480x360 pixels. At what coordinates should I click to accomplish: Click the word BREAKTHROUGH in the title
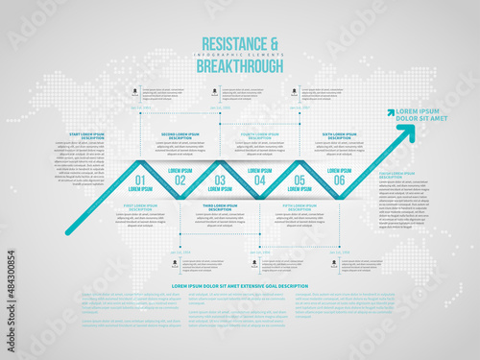(x=240, y=67)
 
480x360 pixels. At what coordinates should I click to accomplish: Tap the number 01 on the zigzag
(x=140, y=180)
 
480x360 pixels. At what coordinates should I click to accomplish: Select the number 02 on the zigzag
(x=180, y=180)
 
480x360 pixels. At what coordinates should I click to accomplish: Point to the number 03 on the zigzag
(x=220, y=180)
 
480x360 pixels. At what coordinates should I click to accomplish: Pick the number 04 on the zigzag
(x=259, y=180)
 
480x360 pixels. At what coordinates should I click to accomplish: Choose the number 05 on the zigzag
(x=300, y=180)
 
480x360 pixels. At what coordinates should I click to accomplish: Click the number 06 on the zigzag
(x=339, y=180)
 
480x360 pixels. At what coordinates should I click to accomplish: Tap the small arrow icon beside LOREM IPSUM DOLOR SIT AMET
(x=392, y=112)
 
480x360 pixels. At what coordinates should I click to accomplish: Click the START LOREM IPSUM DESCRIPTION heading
(x=86, y=135)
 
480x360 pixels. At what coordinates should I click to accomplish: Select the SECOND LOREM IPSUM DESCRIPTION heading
(x=180, y=135)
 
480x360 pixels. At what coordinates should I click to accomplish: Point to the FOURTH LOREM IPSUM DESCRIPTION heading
(x=260, y=135)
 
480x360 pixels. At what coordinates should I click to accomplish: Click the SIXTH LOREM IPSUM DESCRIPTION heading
(x=340, y=135)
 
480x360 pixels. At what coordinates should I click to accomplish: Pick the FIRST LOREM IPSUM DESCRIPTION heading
(x=140, y=206)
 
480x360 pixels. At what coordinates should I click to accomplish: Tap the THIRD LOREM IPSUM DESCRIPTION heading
(x=220, y=206)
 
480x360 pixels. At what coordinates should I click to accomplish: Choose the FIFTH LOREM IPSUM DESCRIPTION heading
(x=300, y=206)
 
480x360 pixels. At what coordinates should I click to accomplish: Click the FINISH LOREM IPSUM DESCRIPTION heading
(x=396, y=174)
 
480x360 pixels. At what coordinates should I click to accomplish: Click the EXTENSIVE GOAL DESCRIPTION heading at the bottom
(x=240, y=286)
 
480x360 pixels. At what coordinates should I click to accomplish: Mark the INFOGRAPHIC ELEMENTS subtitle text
(x=240, y=55)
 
